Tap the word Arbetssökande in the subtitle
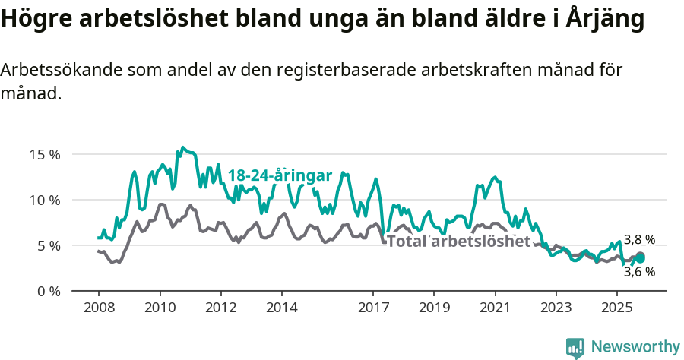coord(60,70)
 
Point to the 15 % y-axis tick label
coord(45,154)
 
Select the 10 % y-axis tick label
coord(45,200)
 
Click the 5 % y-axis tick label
coord(48,245)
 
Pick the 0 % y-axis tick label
coord(48,291)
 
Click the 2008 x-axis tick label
coord(99,308)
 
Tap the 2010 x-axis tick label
coord(160,308)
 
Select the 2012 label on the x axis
coord(221,308)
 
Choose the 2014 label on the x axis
coord(282,308)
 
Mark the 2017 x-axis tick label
coord(373,308)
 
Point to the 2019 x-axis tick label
coord(434,308)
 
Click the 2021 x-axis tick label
coord(496,308)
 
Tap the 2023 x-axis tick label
coord(556,308)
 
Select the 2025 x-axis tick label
coord(616,308)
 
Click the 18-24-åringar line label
coord(280,175)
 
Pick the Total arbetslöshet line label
coord(458,242)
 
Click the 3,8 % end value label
coord(639,240)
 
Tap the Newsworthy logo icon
coord(575,348)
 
